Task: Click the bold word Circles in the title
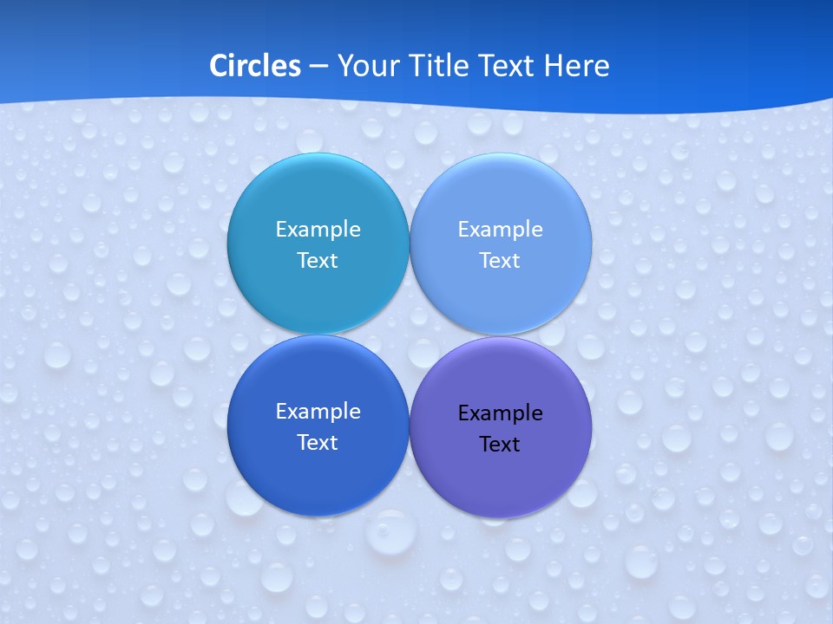(255, 66)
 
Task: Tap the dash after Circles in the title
(318, 67)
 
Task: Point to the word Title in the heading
(430, 66)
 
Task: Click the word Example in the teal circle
(318, 230)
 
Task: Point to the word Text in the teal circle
(318, 261)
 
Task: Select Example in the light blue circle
(500, 230)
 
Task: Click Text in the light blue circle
(500, 261)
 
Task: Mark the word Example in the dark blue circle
(318, 412)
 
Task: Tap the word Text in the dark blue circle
(318, 443)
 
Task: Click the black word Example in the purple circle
(500, 413)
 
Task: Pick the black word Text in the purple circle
(500, 445)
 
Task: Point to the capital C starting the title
(218, 66)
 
